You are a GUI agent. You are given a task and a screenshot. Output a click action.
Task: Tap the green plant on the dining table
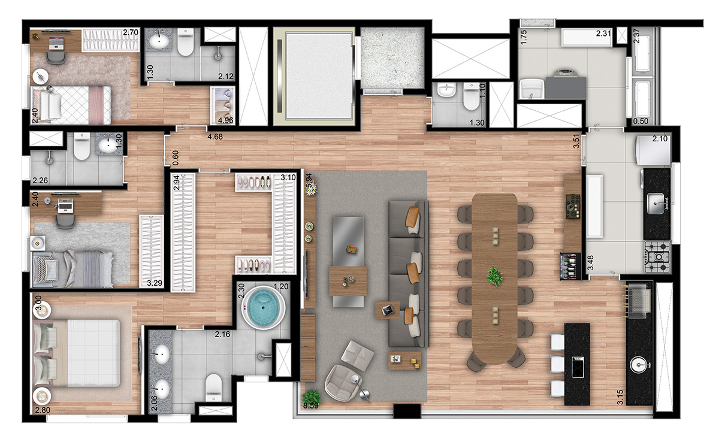tap(495, 276)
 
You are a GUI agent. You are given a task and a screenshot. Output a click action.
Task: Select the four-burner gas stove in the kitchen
tap(657, 254)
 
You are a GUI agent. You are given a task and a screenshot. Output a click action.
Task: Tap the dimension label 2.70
tap(130, 34)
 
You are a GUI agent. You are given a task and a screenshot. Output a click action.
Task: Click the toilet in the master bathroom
tap(214, 387)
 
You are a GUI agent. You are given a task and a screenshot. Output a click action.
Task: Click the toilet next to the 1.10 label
tap(472, 97)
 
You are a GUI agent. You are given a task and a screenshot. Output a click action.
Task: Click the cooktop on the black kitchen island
tap(578, 365)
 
